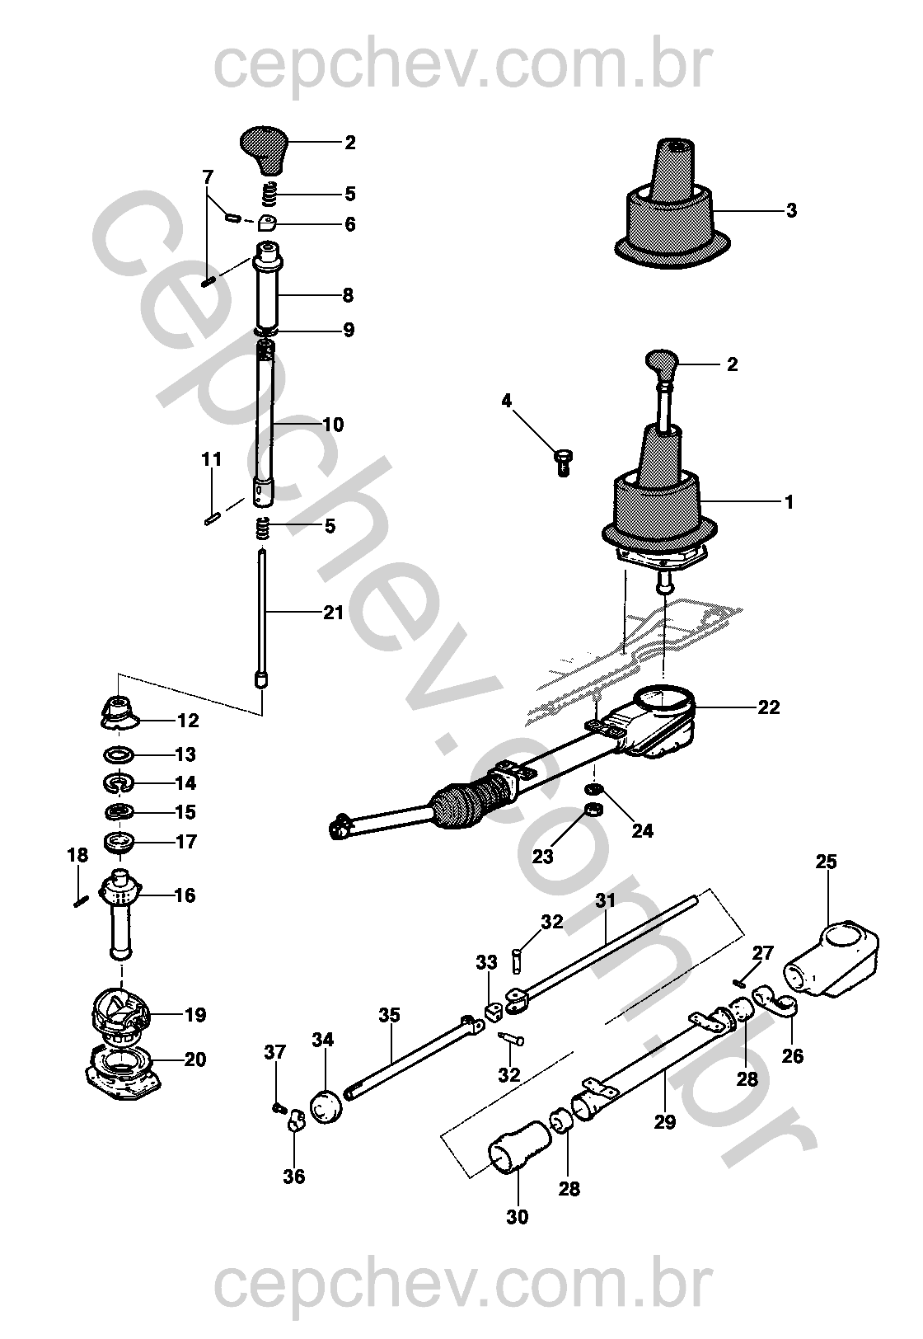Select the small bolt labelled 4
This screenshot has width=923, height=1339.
(564, 463)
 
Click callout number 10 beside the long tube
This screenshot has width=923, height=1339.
(332, 425)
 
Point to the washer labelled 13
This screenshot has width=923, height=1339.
(120, 754)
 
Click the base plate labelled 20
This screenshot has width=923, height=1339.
(122, 1075)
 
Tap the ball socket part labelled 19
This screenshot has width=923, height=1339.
(120, 1013)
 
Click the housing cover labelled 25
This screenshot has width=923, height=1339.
(833, 956)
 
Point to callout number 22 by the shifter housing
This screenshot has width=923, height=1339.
(768, 707)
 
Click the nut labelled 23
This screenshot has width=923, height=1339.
(591, 810)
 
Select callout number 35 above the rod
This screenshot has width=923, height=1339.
(389, 1014)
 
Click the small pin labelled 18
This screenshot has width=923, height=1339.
(80, 900)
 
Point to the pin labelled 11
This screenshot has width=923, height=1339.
(211, 519)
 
